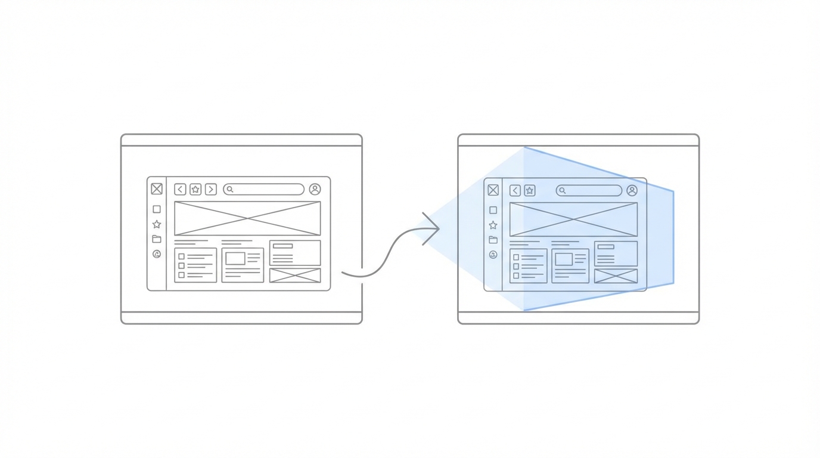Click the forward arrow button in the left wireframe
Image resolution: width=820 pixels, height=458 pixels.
pos(210,189)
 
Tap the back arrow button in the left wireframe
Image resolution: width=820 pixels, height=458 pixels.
pos(180,189)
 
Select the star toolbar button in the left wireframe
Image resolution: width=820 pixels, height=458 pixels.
pos(195,189)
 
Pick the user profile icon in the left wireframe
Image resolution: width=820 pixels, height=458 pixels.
pos(315,189)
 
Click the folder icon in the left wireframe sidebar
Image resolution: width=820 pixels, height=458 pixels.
pos(157,239)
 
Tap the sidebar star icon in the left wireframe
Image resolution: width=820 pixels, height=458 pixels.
pos(157,224)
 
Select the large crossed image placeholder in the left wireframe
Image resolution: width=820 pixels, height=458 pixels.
pos(247,218)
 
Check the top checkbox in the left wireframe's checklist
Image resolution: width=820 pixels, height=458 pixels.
pos(182,256)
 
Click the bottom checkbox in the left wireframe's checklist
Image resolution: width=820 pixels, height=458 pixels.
pos(182,275)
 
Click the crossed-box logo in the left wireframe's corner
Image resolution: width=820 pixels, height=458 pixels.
pos(157,189)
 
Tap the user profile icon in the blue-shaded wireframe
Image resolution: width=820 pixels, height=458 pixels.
pos(632,190)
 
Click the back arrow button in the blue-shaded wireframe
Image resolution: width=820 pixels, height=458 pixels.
pos(515,190)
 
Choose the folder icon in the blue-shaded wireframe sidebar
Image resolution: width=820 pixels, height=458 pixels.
pos(493,240)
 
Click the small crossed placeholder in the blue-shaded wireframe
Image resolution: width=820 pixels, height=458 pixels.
pos(616,276)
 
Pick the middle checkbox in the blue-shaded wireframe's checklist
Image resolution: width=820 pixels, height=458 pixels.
pos(516,267)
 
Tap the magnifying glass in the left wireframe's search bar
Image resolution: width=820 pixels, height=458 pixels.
pos(230,189)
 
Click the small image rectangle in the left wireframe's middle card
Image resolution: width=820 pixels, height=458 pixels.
pos(235,258)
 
